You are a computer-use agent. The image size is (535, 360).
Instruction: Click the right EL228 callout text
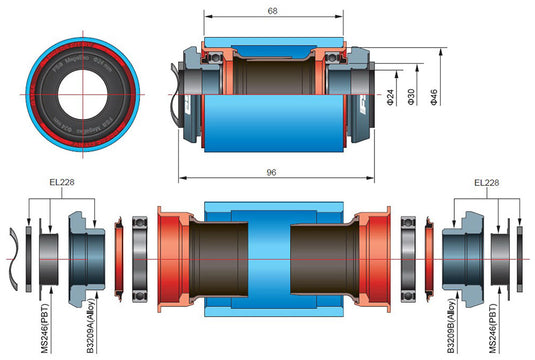pyautogui.click(x=487, y=184)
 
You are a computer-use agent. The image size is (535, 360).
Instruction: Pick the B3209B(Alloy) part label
pyautogui.click(x=451, y=326)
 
